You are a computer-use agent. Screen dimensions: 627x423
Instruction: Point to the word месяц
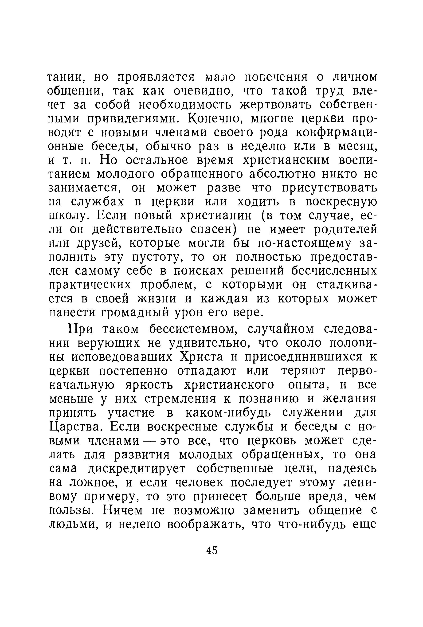[353, 146]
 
